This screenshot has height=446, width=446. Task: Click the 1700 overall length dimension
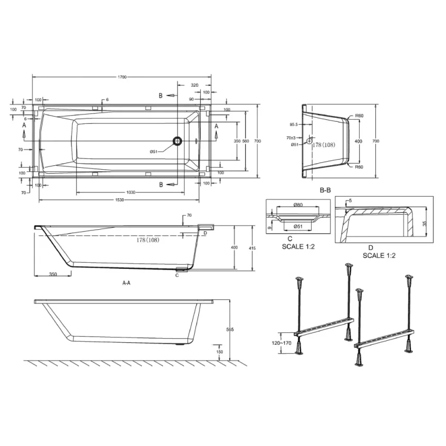[122, 77]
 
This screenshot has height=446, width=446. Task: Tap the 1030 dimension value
[131, 192]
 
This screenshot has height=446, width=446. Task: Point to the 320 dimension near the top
[195, 85]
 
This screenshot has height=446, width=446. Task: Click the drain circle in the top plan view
[177, 141]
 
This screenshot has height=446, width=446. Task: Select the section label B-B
[325, 190]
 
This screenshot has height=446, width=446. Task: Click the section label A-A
[126, 283]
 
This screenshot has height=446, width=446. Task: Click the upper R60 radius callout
[359, 116]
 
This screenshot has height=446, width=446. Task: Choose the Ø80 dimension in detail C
[298, 205]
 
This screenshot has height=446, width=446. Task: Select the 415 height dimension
[252, 248]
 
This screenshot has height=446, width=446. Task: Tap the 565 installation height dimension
[231, 330]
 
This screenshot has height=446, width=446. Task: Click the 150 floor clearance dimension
[220, 352]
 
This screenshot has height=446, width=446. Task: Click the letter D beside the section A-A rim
[205, 233]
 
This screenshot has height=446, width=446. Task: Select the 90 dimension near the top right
[191, 99]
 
